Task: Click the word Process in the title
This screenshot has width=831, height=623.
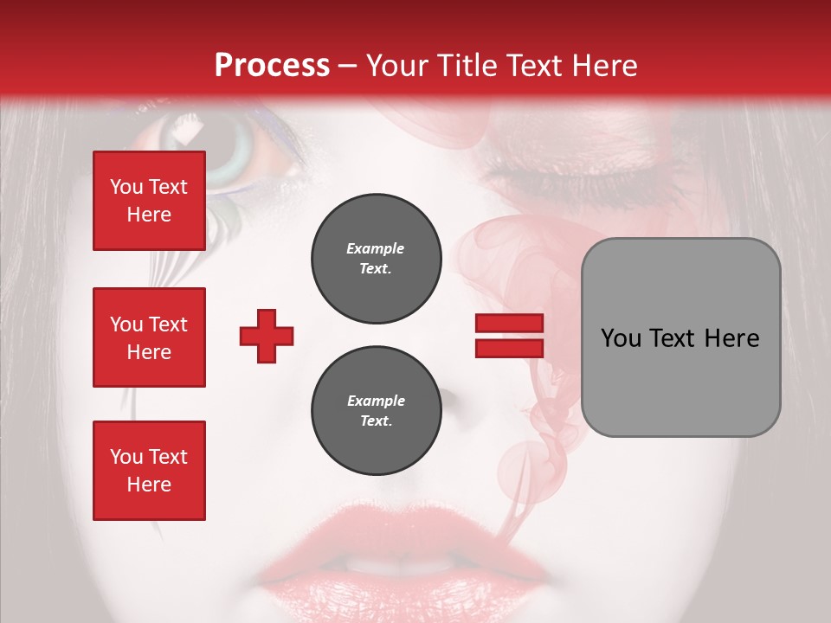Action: pos(272,66)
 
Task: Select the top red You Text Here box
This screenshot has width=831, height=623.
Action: pos(149,201)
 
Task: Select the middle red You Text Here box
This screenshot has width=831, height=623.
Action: pos(149,337)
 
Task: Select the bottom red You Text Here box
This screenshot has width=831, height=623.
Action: pos(149,470)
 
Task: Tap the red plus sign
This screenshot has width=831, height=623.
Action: pos(267,336)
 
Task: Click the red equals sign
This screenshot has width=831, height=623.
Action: pos(509,336)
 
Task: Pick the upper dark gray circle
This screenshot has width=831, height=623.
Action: pos(376,259)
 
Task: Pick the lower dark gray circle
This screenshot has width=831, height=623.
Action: pos(376,411)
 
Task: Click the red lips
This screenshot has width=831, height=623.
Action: pos(415,554)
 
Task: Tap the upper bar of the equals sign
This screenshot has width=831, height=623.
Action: pos(509,324)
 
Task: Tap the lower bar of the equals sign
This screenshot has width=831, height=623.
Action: pos(509,348)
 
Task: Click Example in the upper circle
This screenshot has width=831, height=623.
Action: pos(376,248)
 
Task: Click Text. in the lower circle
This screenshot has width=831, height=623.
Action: pos(376,421)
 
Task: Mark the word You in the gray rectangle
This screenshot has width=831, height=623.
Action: pos(621,338)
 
